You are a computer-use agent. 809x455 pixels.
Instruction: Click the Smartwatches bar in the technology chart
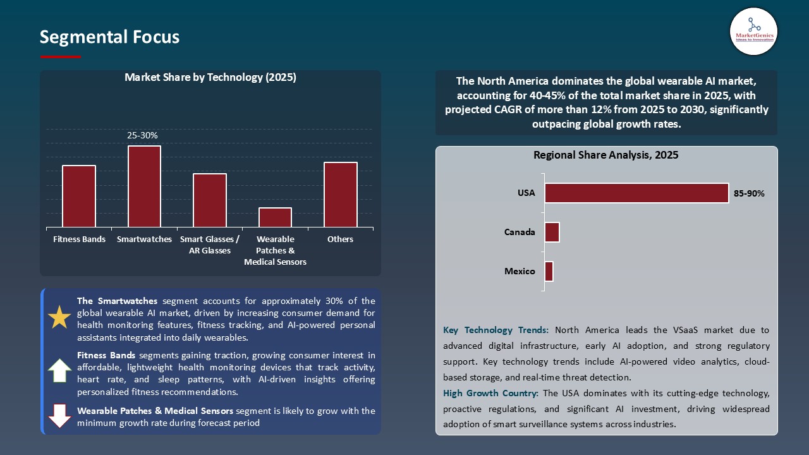[x=144, y=186]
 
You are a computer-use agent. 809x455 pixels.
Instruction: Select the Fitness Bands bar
[x=79, y=196]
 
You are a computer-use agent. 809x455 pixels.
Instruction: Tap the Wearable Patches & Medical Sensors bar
[x=275, y=217]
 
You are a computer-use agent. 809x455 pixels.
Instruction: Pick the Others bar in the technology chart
[x=341, y=195]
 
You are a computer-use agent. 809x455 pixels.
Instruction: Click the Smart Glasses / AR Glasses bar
[x=210, y=200]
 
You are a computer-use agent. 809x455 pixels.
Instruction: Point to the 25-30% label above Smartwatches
[x=142, y=136]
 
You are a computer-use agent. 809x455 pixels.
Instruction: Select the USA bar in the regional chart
[x=636, y=193]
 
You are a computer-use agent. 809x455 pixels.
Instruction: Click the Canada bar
[x=552, y=232]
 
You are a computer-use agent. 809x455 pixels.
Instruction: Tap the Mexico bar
[x=549, y=272]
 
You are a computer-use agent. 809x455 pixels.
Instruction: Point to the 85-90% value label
[x=749, y=194]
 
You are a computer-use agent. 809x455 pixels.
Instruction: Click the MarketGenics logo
[x=753, y=32]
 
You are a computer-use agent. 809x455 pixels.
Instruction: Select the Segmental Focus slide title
[x=109, y=37]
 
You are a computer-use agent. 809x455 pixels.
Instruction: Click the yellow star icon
[x=59, y=317]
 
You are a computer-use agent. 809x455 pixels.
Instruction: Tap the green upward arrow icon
[x=59, y=370]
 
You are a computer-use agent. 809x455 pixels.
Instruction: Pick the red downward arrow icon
[x=59, y=415]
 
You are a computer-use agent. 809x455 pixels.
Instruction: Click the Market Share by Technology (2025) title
[x=210, y=78]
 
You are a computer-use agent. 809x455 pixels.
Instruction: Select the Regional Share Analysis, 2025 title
[x=605, y=155]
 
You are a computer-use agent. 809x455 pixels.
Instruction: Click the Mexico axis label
[x=520, y=272]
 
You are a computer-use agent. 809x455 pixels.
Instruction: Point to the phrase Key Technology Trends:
[x=496, y=330]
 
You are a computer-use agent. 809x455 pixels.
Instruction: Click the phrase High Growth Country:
[x=491, y=393]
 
